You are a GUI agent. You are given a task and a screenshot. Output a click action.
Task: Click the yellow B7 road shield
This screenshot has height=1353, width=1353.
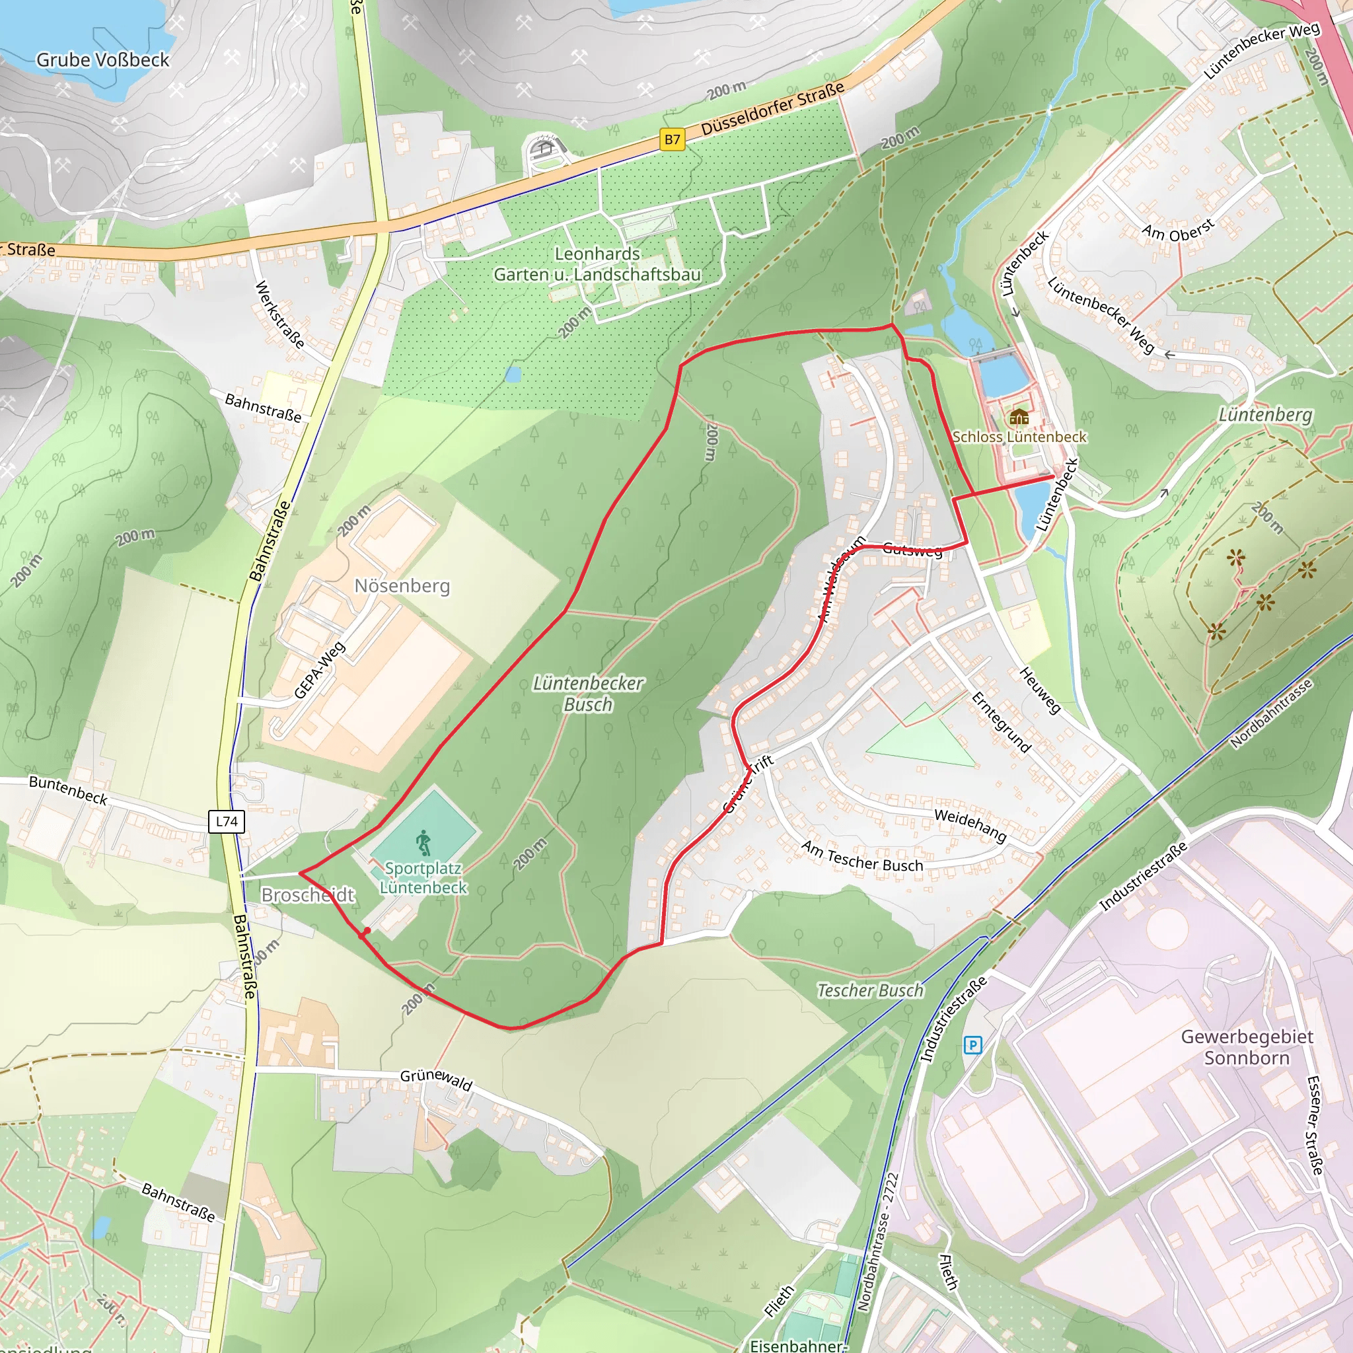[673, 139]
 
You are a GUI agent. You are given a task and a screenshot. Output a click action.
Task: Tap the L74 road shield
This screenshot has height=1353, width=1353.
[227, 821]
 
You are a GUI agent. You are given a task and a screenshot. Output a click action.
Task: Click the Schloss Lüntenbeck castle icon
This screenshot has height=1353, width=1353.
[1019, 418]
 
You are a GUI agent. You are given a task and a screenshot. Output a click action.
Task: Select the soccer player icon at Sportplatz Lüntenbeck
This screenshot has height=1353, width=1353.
[423, 843]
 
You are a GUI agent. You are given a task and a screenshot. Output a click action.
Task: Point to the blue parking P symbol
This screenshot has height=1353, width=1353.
[972, 1046]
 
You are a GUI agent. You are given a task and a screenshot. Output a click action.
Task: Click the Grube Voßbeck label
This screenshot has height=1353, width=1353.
[102, 60]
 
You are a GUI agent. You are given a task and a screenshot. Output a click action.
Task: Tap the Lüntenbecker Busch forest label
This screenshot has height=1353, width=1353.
[588, 693]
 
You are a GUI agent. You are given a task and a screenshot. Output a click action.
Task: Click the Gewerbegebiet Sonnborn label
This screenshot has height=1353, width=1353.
[1247, 1047]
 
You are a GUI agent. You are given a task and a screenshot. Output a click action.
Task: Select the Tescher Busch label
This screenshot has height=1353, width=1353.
[871, 990]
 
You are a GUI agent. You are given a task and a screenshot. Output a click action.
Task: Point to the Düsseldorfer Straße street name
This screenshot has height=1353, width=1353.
[773, 109]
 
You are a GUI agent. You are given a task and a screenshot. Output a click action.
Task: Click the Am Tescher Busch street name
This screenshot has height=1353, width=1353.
[862, 856]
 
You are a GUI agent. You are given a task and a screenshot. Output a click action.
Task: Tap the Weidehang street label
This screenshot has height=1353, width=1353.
[970, 825]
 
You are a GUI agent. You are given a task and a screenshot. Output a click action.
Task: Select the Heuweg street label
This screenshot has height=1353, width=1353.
[1040, 690]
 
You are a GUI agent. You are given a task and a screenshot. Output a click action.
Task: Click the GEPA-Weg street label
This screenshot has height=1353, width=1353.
[319, 670]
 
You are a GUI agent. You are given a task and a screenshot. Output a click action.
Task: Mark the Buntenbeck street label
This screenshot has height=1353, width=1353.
[69, 790]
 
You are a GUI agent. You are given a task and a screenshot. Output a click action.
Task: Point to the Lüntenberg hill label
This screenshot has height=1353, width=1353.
[1264, 415]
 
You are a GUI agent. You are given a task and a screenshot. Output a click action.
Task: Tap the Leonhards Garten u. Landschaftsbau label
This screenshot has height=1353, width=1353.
[597, 264]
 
